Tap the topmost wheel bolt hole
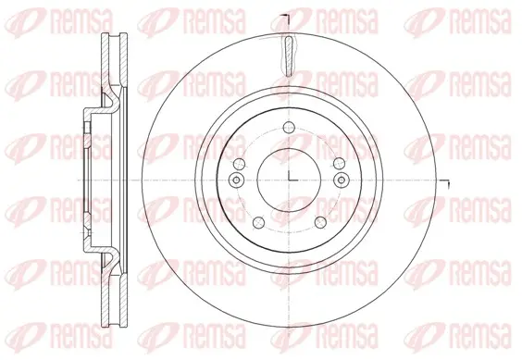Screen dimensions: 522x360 tap(289, 127)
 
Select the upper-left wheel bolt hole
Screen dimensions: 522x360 tap(240, 163)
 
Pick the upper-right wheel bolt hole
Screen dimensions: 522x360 tap(339, 163)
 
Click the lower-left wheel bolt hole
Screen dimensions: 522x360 tap(258, 223)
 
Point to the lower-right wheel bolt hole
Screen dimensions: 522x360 tap(320, 223)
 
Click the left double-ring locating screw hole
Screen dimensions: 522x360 tap(236, 180)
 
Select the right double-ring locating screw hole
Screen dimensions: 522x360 tap(342, 180)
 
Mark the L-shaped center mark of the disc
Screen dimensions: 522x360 tap(292, 177)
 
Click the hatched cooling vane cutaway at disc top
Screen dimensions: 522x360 tap(289, 56)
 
